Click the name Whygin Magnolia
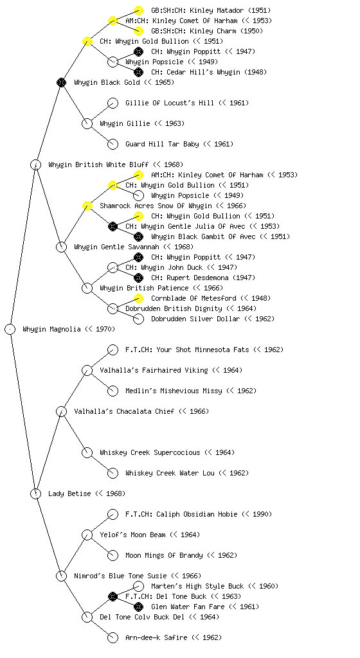51,330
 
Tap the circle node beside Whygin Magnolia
10,330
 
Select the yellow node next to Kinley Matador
138,10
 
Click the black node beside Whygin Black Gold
62,82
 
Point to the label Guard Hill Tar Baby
162,144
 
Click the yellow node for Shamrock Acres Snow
87,206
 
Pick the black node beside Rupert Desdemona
138,278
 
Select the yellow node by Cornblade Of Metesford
138,298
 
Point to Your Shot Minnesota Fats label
187,350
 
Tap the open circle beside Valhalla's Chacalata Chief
62,411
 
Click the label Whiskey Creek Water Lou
170,473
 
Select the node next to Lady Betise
36,493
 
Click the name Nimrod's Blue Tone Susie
120,576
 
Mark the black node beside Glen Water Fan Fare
138,607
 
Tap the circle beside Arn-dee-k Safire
113,637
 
